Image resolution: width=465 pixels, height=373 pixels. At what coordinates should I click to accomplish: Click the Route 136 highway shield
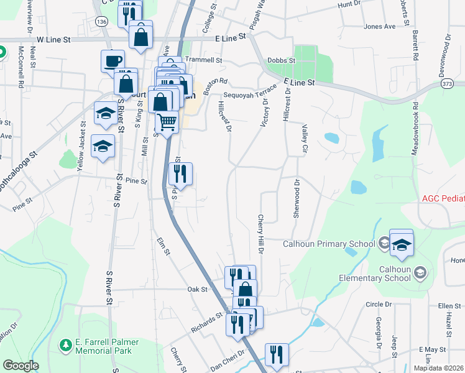pos(101,22)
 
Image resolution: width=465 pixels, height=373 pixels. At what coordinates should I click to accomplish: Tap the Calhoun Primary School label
pos(328,243)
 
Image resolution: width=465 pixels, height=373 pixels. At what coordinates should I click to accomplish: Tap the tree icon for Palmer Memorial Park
pos(65,344)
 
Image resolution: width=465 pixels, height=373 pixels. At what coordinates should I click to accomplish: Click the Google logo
pos(20,366)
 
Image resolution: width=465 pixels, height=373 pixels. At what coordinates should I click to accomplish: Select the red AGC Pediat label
pos(443,198)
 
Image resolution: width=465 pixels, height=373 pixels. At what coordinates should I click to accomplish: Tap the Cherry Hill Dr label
pos(260,234)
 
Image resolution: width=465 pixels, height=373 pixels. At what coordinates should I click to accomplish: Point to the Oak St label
pos(197,289)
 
